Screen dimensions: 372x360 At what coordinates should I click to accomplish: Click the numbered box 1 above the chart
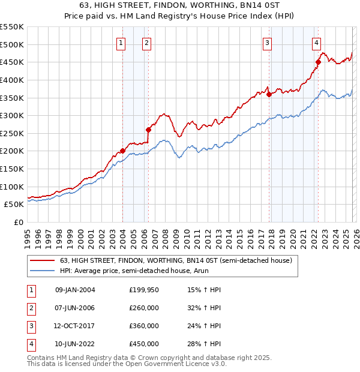(x=121, y=43)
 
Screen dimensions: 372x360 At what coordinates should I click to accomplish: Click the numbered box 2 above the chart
(x=146, y=43)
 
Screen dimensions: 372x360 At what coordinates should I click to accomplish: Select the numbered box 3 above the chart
(x=267, y=43)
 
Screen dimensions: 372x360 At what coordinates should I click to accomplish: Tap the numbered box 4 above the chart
(x=316, y=43)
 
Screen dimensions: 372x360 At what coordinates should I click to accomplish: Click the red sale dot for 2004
(x=122, y=151)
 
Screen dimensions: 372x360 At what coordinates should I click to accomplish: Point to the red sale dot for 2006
(x=148, y=129)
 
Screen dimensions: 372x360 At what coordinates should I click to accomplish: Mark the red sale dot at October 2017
(x=269, y=94)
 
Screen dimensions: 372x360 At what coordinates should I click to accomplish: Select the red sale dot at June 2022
(x=319, y=62)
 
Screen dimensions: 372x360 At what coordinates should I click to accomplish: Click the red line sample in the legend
(x=42, y=260)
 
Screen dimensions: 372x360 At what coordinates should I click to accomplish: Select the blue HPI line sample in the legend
(x=42, y=271)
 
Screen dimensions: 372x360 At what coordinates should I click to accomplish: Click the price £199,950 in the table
(x=144, y=290)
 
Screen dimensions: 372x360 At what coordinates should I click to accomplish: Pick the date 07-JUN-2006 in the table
(x=75, y=308)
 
